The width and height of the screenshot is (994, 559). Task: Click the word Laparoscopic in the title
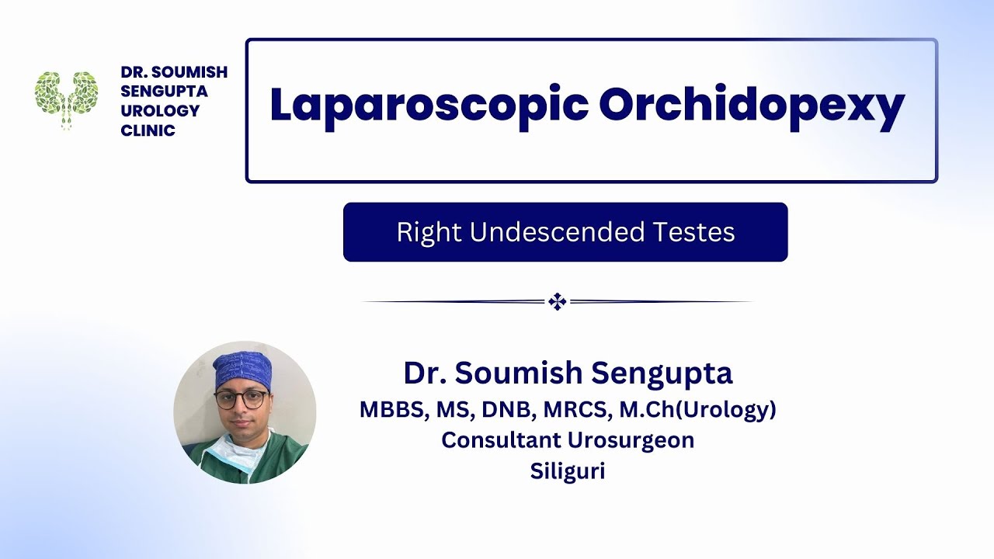click(428, 106)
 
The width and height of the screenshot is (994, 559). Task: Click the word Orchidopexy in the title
click(752, 106)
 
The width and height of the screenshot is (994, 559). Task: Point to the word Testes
click(696, 232)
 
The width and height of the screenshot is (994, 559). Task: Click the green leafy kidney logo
click(67, 98)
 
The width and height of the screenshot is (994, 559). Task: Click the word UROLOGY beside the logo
click(160, 111)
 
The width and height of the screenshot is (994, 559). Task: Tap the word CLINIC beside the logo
click(148, 130)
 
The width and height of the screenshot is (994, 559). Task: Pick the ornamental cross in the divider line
click(557, 302)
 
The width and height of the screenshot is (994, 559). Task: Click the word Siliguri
click(568, 471)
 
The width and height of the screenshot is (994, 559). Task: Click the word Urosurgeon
click(631, 440)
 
